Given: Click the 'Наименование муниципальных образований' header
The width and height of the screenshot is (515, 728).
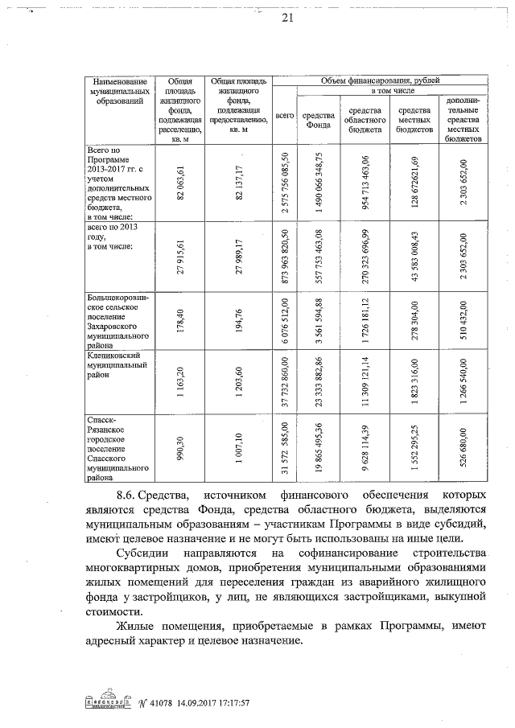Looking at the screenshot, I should click(119, 92).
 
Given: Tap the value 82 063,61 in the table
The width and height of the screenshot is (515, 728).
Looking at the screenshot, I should click(183, 183).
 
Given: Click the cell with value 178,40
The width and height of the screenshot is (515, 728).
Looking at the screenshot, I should click(181, 321).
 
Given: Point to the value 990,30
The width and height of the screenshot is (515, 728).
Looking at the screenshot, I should click(182, 446).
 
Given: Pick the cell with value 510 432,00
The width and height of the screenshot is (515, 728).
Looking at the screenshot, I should click(463, 321).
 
